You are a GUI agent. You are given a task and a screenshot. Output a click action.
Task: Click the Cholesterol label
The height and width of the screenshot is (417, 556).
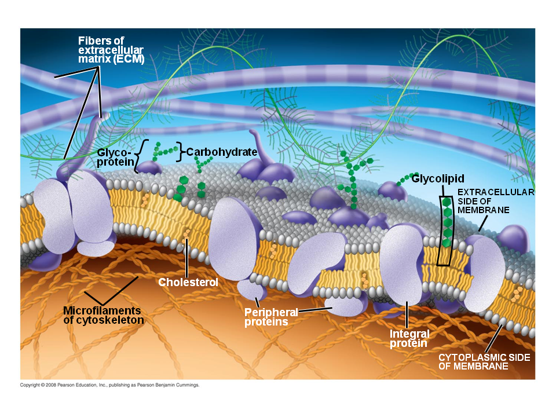tap(188, 283)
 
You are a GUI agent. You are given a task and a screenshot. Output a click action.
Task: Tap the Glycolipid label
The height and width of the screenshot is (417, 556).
tap(438, 178)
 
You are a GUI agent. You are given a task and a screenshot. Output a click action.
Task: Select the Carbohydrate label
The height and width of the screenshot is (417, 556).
tap(222, 152)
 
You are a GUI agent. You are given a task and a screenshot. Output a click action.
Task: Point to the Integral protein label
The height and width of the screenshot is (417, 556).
tap(409, 339)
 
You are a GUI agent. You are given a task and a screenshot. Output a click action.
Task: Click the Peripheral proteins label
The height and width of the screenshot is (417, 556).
tap(270, 317)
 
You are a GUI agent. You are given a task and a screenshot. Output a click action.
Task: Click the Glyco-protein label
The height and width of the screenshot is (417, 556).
tap(115, 157)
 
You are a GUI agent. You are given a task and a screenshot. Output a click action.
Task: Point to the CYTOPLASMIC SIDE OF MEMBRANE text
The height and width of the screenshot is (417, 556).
tap(484, 362)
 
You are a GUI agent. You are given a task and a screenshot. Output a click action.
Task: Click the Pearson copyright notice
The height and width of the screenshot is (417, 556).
tap(109, 385)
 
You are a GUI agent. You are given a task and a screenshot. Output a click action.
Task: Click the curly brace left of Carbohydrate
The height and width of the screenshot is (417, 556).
tap(180, 152)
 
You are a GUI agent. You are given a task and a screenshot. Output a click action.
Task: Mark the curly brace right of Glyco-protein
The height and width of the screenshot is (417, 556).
tap(138, 156)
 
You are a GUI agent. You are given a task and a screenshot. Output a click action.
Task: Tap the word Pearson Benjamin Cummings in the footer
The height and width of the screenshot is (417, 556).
tap(174, 385)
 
